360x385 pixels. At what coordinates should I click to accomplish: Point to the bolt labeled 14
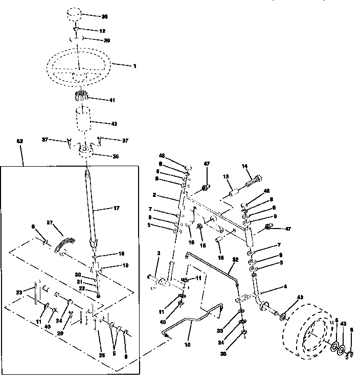click(x=253, y=181)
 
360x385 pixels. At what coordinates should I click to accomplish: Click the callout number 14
click(x=244, y=166)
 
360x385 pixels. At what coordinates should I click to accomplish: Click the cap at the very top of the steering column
click(x=75, y=13)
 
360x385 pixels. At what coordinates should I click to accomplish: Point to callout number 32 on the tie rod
click(x=236, y=259)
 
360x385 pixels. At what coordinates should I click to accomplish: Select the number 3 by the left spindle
click(x=158, y=254)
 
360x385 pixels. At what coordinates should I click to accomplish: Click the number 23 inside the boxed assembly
click(x=19, y=292)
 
